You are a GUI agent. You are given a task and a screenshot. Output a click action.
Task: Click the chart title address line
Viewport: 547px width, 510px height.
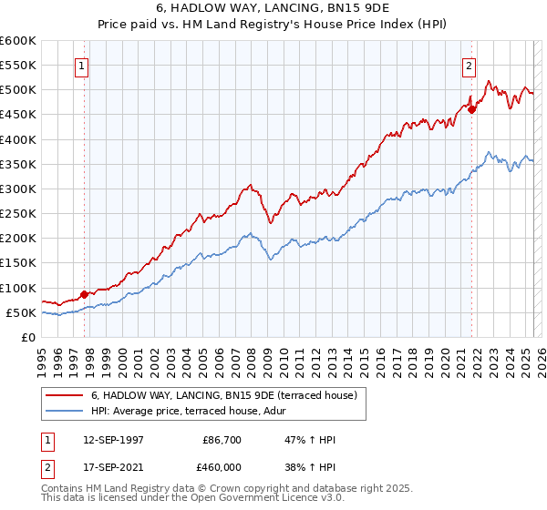pos(273,7)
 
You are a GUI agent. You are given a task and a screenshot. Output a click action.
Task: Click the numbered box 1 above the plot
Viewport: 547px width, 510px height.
pos(82,66)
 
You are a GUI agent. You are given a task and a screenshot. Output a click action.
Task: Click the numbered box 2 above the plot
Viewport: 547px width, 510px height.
pos(469,66)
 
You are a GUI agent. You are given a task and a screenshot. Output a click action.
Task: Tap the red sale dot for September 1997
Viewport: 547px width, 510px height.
pos(84,294)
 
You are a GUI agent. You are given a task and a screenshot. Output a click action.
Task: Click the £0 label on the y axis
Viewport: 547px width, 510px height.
pos(26,338)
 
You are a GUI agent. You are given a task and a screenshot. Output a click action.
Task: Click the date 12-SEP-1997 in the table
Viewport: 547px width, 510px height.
pos(112,440)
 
